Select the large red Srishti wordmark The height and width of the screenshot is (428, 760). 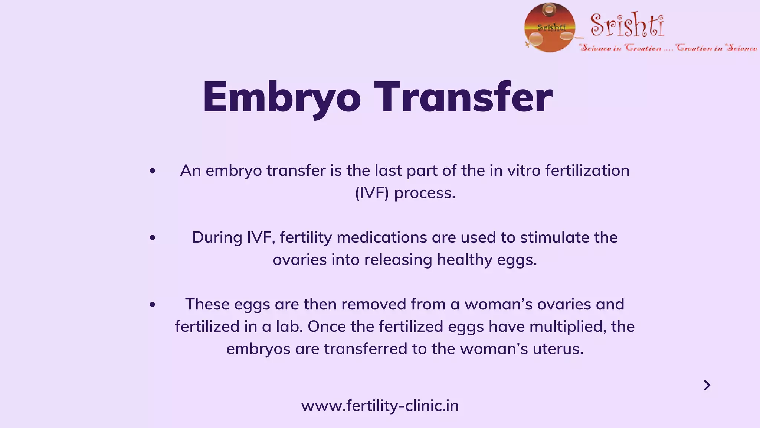627,25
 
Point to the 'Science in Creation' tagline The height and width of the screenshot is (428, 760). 668,48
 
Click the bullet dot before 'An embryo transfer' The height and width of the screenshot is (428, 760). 152,171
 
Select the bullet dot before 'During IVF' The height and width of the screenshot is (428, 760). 152,238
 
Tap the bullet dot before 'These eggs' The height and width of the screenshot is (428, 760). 152,305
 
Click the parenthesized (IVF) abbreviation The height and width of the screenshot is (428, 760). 372,193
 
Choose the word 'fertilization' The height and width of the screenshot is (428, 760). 587,171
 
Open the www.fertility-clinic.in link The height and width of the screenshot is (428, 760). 380,406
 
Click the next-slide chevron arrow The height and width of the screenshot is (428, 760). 707,385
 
